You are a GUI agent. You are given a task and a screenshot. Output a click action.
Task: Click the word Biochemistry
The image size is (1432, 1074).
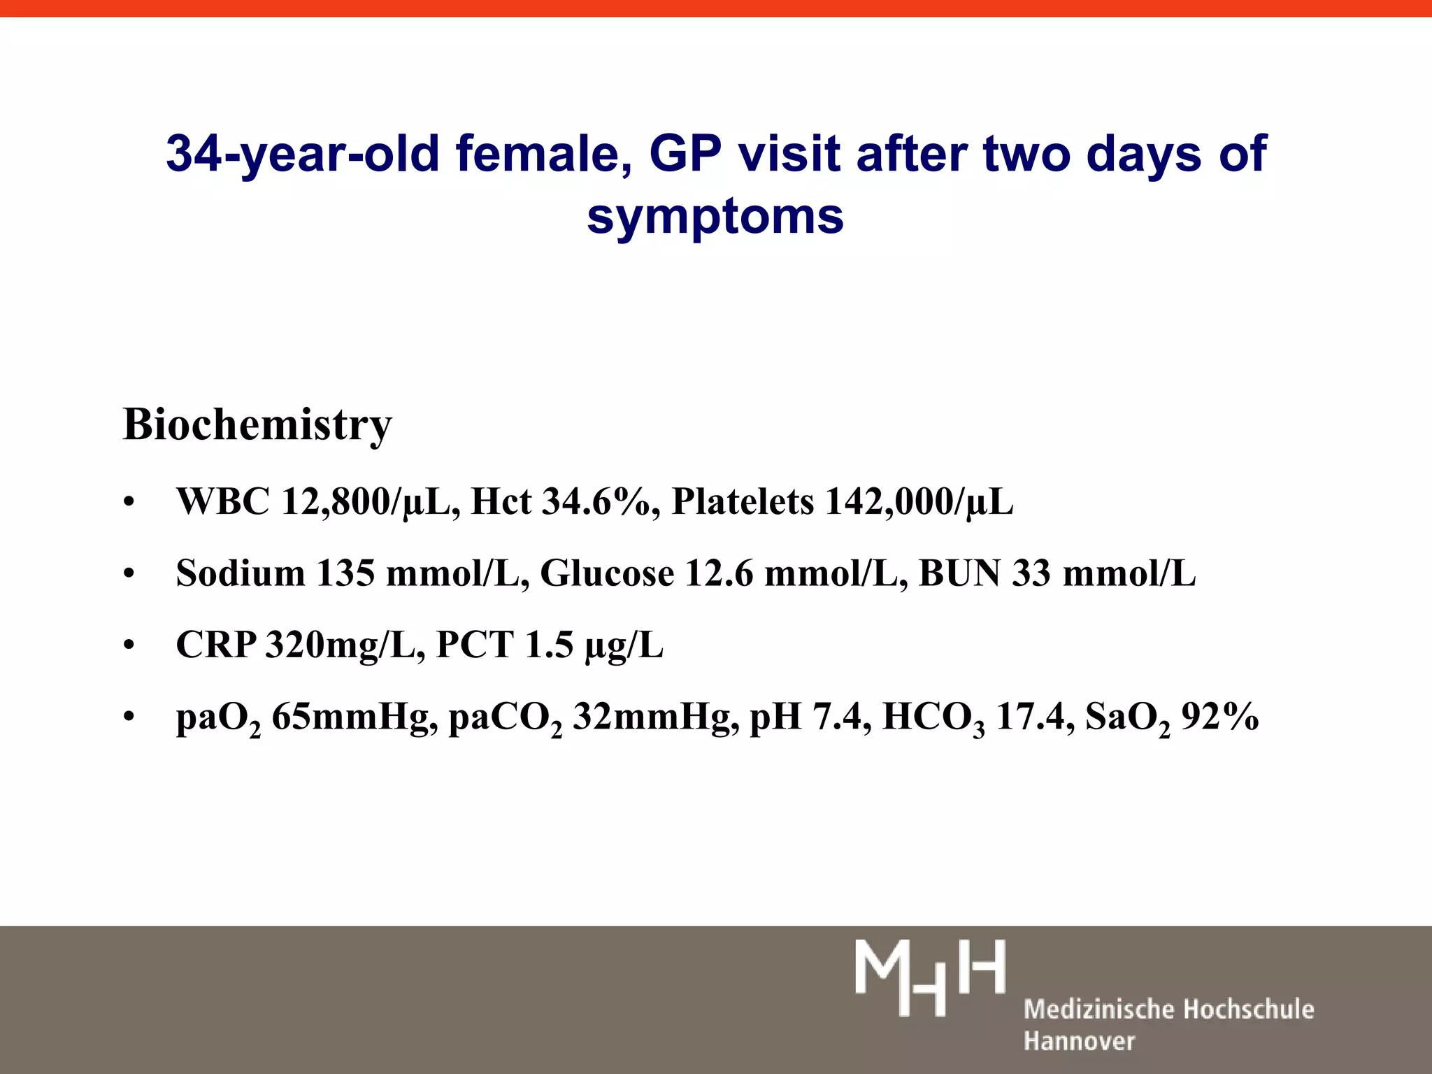pos(257,424)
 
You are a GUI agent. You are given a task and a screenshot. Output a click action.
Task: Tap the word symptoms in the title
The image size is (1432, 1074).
pos(715,216)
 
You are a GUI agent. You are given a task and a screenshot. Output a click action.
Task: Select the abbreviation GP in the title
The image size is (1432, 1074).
pos(685,153)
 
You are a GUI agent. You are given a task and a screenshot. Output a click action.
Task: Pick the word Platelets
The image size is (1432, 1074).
pos(743,502)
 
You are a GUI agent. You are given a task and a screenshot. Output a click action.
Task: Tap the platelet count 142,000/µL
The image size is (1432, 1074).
pos(919,502)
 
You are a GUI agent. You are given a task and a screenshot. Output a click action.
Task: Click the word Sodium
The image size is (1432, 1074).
pos(241,573)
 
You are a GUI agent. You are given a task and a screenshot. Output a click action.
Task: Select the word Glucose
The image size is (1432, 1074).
pos(607,573)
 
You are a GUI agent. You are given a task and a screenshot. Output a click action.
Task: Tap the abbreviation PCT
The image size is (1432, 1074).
pos(475,645)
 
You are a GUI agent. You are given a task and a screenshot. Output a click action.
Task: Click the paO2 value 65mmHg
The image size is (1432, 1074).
pos(350,717)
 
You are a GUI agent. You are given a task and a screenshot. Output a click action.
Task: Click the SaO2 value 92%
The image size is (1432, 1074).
pos(1219,717)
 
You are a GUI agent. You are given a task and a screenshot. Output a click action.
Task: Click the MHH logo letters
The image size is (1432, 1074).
pos(929,977)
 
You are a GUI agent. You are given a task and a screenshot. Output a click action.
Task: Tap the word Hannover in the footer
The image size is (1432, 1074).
pos(1079,1041)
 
